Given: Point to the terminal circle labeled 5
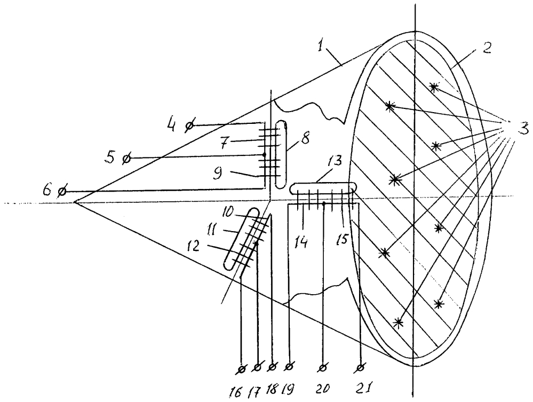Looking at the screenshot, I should (126, 158).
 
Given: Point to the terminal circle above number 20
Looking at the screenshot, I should (322, 367).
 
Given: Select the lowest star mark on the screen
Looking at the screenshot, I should (398, 322).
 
